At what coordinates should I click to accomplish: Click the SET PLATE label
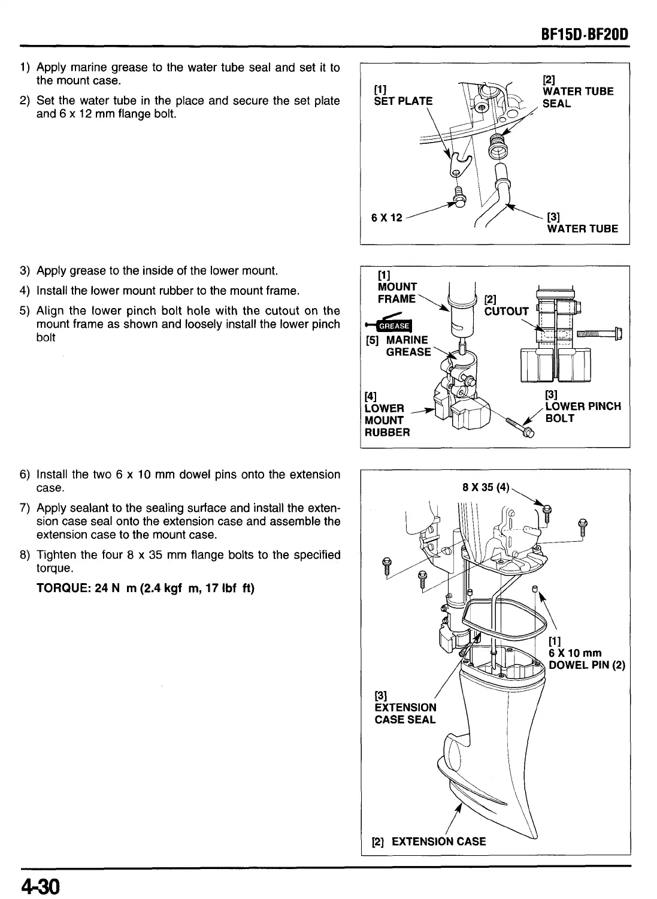point(402,101)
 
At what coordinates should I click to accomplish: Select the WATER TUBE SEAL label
point(577,97)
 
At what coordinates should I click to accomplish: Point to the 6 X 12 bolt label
point(387,218)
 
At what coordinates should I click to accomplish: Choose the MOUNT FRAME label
point(396,292)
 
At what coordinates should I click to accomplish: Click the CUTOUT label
point(506,310)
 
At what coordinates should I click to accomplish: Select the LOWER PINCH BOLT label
point(582,412)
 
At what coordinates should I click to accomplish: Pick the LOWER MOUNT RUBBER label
point(387,420)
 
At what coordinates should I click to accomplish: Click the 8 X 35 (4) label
point(486,487)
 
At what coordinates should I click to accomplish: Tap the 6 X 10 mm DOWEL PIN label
point(586,659)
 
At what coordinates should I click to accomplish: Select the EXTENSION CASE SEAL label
point(405,713)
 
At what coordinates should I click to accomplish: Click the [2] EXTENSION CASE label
point(429,841)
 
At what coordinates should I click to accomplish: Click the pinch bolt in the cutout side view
point(599,334)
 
